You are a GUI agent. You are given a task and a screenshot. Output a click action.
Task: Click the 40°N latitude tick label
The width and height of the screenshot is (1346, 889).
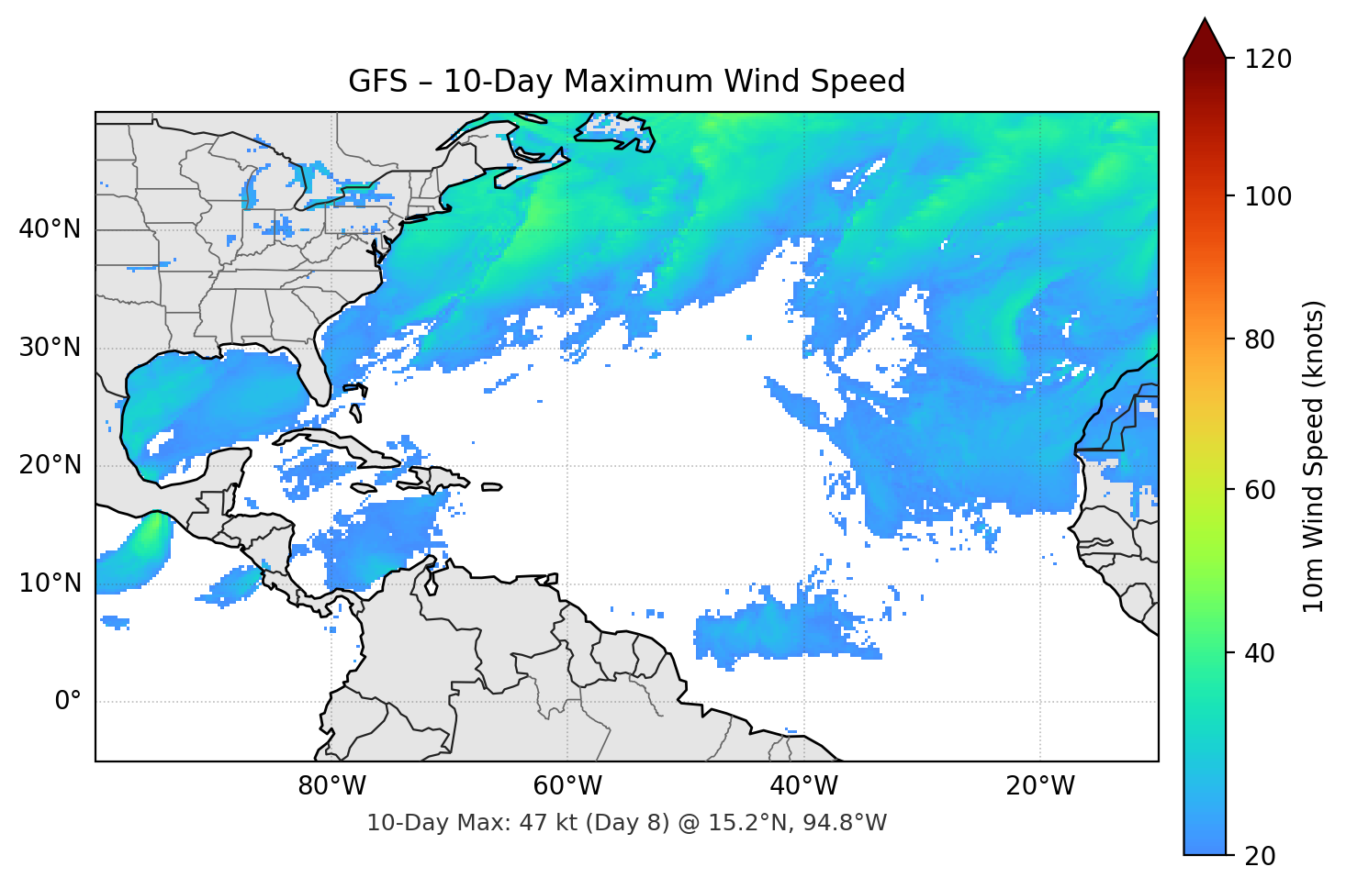pos(50,229)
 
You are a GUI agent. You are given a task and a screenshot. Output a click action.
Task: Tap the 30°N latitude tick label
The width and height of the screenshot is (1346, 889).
pos(50,348)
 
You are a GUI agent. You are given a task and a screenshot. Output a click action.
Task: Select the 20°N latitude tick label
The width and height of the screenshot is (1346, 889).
pos(50,465)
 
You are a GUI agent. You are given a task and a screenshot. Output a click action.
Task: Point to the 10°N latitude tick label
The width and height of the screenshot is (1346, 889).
pos(50,583)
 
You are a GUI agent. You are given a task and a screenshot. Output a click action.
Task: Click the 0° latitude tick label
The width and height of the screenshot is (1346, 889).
pos(68,702)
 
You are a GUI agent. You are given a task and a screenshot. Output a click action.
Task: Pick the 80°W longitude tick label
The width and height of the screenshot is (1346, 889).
pos(331,786)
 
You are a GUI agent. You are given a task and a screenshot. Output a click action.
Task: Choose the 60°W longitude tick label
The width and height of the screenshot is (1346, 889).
pos(567,786)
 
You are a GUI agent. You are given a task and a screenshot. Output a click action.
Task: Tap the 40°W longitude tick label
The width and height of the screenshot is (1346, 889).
pos(804,786)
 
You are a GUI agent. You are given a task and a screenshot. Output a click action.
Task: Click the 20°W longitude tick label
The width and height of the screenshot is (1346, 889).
pos(1040,786)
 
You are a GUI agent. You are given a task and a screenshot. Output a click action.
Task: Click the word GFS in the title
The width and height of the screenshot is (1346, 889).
pos(377,82)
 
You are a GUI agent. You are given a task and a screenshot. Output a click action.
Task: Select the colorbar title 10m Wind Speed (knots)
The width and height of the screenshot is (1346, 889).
pos(1314,456)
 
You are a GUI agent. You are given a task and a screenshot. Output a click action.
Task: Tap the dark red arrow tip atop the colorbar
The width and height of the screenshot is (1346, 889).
pos(1205,35)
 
